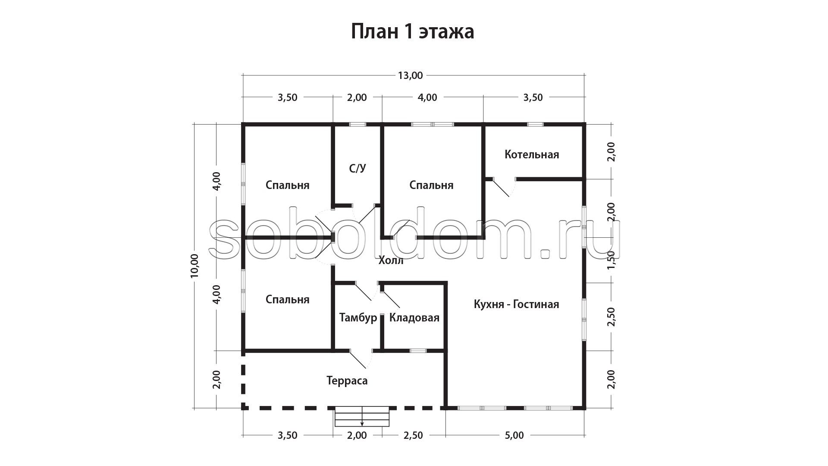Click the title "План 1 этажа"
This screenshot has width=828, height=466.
(x=412, y=31)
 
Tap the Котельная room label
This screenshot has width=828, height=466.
(x=532, y=154)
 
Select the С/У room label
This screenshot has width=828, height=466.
(x=358, y=168)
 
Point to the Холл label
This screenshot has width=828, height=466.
(x=391, y=260)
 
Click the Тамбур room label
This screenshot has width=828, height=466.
(x=358, y=318)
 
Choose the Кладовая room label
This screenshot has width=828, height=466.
(x=414, y=318)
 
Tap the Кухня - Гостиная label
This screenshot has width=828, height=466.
(x=516, y=304)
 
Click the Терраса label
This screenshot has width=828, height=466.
(x=347, y=381)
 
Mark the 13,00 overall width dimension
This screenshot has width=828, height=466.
(x=410, y=76)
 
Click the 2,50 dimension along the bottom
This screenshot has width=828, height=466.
(x=413, y=435)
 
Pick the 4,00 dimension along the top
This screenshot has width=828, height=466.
(x=427, y=98)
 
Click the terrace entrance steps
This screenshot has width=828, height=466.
(x=362, y=416)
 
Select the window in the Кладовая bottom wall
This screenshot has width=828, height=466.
(x=418, y=350)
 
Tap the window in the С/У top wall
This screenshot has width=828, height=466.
(x=358, y=124)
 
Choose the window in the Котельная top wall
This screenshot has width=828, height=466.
(x=535, y=124)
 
